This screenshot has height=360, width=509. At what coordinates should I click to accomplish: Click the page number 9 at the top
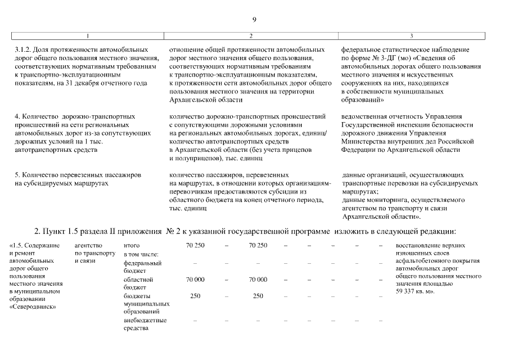pos(254,20)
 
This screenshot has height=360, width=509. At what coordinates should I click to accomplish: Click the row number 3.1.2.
pos(23,50)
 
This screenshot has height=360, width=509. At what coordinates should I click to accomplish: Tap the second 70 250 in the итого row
pos(258,245)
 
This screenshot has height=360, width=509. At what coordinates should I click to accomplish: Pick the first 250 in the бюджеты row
pos(195,296)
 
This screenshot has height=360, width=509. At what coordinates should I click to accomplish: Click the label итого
pos(131,245)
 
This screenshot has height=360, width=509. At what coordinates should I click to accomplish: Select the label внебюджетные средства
pos(145,324)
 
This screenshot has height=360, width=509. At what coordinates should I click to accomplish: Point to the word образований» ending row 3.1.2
pos(363,100)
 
